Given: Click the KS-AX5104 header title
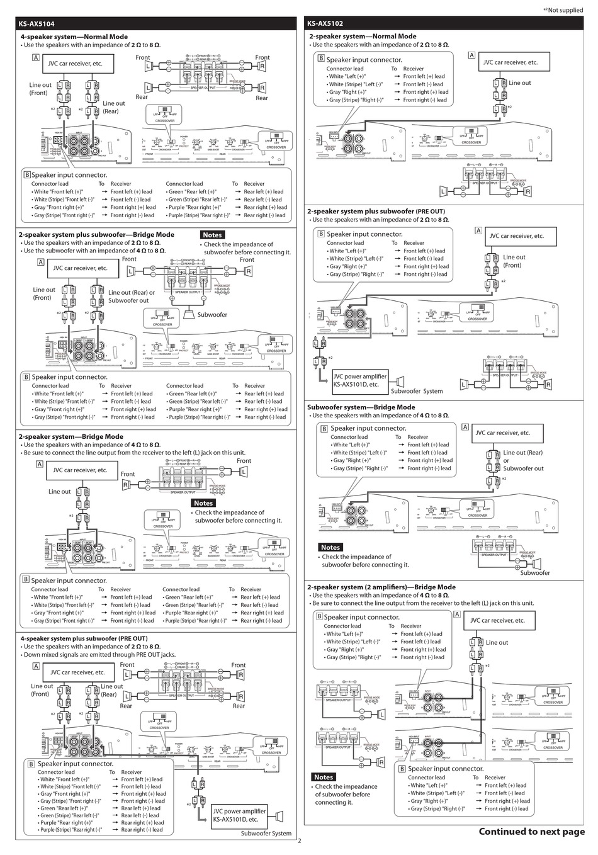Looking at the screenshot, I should [37, 23].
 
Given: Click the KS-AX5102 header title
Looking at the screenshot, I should [325, 23].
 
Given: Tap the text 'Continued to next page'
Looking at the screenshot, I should [531, 831].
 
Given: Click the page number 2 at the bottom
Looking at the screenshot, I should [299, 841].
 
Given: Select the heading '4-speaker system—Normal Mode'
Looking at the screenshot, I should [74, 37].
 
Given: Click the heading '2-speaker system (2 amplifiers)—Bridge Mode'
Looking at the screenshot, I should [381, 587].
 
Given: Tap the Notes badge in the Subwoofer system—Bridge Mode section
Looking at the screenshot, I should [330, 547].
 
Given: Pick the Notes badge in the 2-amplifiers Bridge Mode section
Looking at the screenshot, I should [324, 777].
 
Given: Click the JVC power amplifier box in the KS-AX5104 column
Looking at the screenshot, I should [239, 815].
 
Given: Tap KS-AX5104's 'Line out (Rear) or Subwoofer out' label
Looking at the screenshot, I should [131, 297].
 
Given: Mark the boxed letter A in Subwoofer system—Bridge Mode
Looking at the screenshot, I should [465, 427].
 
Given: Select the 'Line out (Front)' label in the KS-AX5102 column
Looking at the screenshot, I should [514, 261].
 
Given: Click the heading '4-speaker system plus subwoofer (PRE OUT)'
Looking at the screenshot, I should [84, 638].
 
